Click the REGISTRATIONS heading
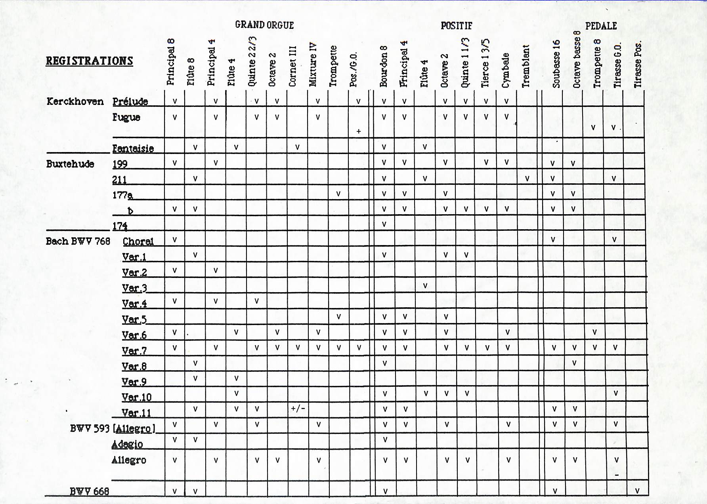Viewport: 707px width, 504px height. [89, 61]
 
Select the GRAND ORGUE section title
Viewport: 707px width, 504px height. [264, 25]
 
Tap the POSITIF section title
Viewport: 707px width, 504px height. [457, 26]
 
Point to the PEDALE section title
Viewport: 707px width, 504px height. [601, 26]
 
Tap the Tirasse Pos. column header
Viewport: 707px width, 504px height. [637, 65]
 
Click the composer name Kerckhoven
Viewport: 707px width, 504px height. [75, 101]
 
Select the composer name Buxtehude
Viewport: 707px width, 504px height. [70, 164]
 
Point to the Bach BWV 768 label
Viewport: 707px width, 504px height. [78, 241]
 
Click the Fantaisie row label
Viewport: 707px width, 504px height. [133, 148]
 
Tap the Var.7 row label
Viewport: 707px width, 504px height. [134, 351]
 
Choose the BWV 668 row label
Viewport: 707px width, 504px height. [89, 491]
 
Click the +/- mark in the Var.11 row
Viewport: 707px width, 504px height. [298, 408]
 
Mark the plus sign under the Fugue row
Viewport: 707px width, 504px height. [358, 131]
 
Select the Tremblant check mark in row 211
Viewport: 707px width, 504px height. [527, 179]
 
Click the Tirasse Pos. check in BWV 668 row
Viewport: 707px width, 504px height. [637, 491]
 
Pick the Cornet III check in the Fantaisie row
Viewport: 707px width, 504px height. [297, 147]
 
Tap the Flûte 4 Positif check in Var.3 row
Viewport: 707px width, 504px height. [425, 285]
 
